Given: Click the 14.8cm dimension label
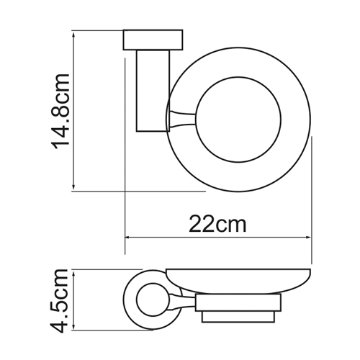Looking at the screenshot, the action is pos(60,111).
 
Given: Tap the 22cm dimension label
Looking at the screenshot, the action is pos(217,224).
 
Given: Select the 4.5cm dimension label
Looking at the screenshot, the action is pos(59,301).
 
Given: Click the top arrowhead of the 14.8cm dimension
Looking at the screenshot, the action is pos(73,34).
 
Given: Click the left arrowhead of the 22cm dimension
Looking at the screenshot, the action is pos(128,238).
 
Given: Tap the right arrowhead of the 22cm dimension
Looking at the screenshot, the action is pos(308,238).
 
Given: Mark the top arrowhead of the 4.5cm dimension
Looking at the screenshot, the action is pos(73,273).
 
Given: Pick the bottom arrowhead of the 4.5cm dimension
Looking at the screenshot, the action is pos(73,327).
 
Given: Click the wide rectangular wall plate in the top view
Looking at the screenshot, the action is pos(153,40).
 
